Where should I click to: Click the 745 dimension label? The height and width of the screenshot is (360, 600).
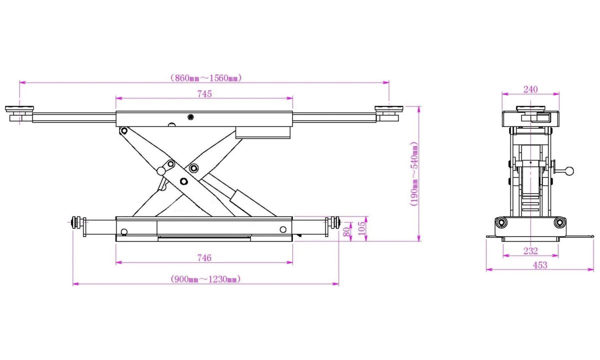tap(204, 94)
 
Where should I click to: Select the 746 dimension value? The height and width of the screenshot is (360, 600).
tap(204, 258)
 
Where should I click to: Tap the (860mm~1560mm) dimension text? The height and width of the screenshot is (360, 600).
tap(206, 78)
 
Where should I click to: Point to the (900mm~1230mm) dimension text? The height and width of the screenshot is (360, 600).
tap(205, 279)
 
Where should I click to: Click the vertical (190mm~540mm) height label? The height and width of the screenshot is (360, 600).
tap(414, 174)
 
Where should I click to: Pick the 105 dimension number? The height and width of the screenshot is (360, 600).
tap(361, 228)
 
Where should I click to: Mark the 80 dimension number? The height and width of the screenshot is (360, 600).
tap(346, 231)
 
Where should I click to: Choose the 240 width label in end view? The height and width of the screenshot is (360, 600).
tap(530, 89)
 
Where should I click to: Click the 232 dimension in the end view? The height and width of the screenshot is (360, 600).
tap(530, 251)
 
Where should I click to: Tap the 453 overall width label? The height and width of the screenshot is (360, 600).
tap(539, 265)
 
